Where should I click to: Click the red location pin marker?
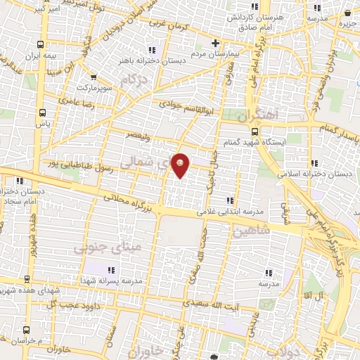click(x=181, y=165)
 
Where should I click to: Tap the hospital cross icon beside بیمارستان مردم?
click(x=215, y=44)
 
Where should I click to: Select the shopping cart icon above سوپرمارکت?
click(x=93, y=77)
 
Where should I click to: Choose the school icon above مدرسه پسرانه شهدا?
click(x=110, y=269)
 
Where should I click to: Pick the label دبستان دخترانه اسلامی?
click(x=324, y=173)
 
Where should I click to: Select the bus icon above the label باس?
click(x=43, y=112)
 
